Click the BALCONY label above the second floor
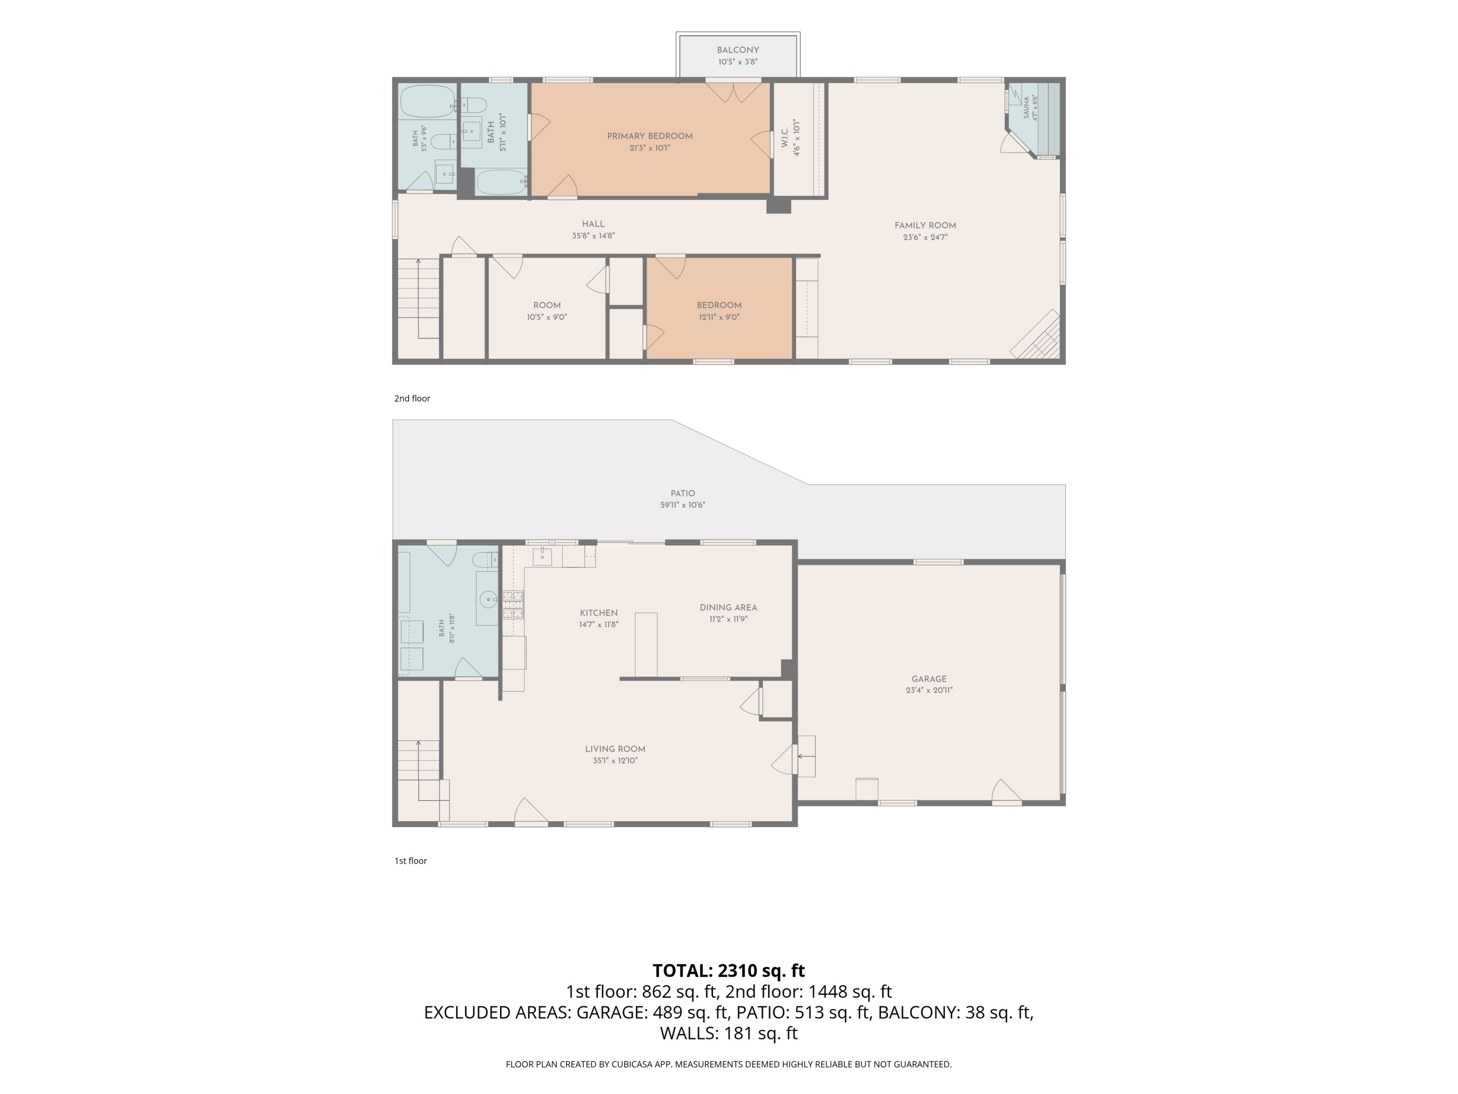pyautogui.click(x=738, y=50)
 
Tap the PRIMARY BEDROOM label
pyautogui.click(x=650, y=137)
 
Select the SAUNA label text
pyautogui.click(x=1026, y=107)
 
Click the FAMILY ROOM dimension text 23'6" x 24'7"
pyautogui.click(x=925, y=237)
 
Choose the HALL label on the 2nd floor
pyautogui.click(x=593, y=224)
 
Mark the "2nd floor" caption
pyautogui.click(x=412, y=398)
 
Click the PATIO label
pyautogui.click(x=683, y=493)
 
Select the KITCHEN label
pyautogui.click(x=598, y=613)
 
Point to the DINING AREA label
pyautogui.click(x=729, y=607)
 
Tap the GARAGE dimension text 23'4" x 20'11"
pyautogui.click(x=929, y=690)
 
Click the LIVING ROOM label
pyautogui.click(x=615, y=749)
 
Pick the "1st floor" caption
pyautogui.click(x=411, y=861)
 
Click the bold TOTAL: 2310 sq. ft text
pyautogui.click(x=729, y=970)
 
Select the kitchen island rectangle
pyautogui.click(x=646, y=645)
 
